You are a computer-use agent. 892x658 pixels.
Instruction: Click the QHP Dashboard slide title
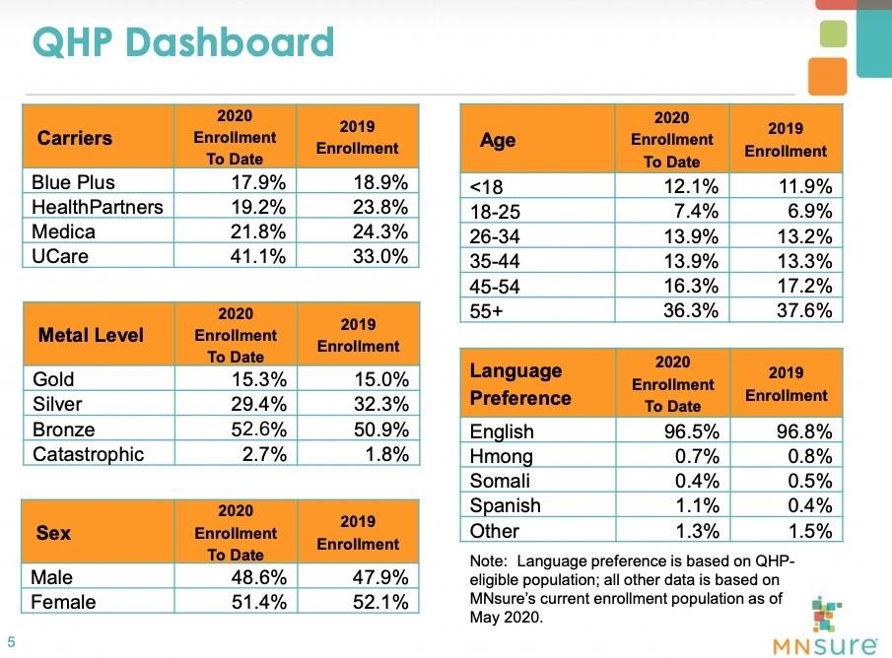[183, 43]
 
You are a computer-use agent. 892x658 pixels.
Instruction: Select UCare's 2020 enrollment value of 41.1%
[257, 256]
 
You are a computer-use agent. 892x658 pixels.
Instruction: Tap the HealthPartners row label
[98, 207]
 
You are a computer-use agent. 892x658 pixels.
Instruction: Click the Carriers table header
[75, 138]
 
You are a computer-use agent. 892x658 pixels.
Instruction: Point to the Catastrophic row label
[88, 454]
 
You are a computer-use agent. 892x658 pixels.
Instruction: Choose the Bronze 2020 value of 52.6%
[257, 429]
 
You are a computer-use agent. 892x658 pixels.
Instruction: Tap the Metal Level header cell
[91, 335]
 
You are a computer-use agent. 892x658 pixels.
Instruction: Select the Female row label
[64, 602]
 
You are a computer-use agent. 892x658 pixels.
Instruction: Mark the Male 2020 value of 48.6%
[257, 577]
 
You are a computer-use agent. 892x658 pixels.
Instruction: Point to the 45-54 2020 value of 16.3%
[689, 285]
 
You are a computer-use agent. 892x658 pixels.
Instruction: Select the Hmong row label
[502, 456]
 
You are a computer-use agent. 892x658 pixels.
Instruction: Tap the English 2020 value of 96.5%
[689, 431]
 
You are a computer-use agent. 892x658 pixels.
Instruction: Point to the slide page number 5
[12, 635]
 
